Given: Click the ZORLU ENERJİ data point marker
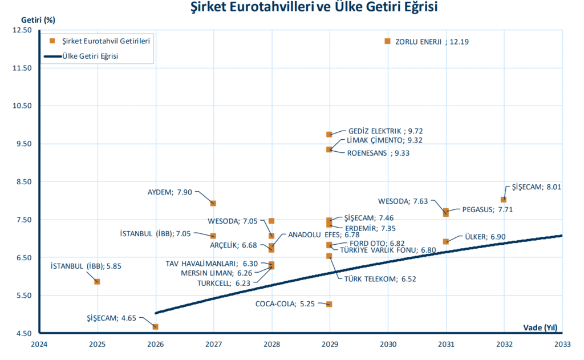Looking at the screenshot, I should pos(388,41).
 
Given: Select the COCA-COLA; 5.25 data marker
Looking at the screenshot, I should pos(329,304).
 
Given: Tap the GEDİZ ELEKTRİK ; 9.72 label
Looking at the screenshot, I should pos(385,131).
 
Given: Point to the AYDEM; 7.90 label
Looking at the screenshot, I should pos(169,192).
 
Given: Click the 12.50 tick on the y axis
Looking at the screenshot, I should pos(22,30).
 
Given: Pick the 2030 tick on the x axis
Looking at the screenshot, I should pos(388,344).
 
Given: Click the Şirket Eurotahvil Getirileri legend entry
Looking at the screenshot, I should pos(100,41).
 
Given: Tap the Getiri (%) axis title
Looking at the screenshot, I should pos(38,19).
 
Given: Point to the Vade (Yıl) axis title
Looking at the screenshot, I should pos(540,327).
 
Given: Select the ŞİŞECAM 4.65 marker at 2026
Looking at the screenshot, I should pos(155,326).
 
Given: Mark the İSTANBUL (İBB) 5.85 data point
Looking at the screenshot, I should pos(97,281).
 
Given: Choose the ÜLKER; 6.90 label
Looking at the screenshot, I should pos(484,236).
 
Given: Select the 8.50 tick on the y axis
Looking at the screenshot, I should pos(22,181).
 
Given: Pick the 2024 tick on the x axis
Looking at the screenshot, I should pos(39,344).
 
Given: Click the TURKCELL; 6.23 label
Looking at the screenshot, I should pos(223,283).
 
